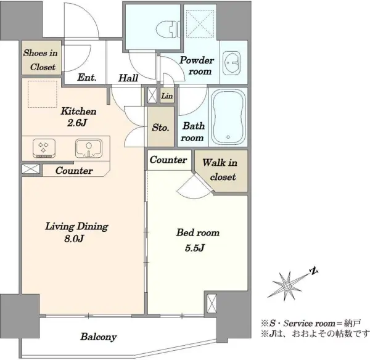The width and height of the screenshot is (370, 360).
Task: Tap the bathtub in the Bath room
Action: tap(228, 117)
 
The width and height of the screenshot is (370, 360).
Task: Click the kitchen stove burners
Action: tap(44, 149)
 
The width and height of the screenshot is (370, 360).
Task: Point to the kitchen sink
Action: tap(89, 149)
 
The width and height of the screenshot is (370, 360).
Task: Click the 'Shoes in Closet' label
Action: tap(41, 60)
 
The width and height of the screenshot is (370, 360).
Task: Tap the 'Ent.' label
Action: tap(87, 78)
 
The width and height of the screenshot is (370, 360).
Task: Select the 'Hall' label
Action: tap(128, 78)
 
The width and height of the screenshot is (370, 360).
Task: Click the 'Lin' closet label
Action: tap(167, 96)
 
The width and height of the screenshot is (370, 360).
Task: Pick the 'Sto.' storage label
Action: tap(161, 128)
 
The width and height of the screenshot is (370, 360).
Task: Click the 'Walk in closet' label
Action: tap(220, 170)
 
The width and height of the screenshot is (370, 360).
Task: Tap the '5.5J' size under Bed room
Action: tap(195, 248)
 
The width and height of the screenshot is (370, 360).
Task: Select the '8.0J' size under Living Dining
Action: tap(74, 239)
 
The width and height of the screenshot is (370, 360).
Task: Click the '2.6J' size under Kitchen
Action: tap(77, 123)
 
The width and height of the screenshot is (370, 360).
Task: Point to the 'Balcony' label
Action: tap(99, 337)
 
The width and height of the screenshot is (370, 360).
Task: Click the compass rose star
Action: tap(287, 286)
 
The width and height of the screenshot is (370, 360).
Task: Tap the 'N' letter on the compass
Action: tap(314, 271)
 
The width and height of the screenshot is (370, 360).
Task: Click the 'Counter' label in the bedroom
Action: tap(168, 160)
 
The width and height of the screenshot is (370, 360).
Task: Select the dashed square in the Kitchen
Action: tap(43, 94)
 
